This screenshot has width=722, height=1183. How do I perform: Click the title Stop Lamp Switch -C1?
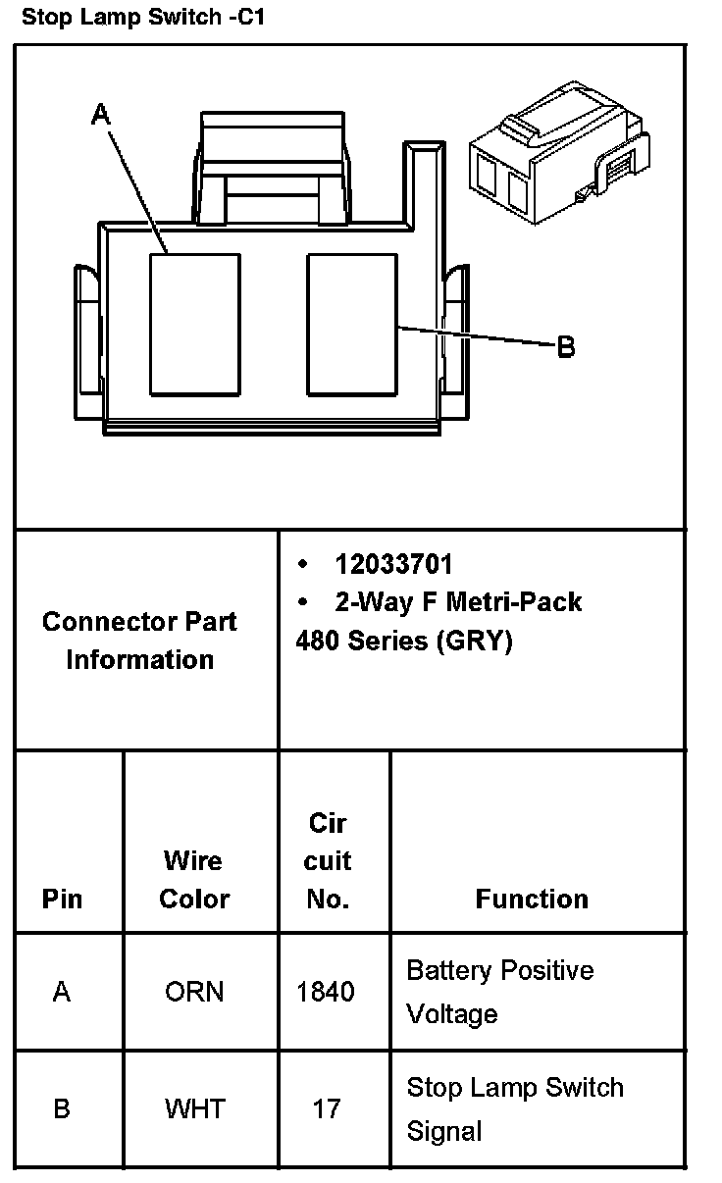tap(143, 17)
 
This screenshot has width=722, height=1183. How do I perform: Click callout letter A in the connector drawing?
tap(101, 115)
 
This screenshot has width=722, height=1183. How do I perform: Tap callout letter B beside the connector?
tap(566, 346)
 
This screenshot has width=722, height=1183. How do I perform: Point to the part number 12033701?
tap(393, 564)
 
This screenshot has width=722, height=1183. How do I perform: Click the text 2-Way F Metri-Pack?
tap(457, 601)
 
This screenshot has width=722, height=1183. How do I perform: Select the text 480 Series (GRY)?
tap(404, 641)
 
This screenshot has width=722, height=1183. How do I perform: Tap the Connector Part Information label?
tap(139, 640)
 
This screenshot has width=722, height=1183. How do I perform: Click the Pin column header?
tap(62, 899)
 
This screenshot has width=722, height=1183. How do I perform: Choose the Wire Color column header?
tap(194, 880)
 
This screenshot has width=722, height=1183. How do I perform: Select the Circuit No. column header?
tap(328, 860)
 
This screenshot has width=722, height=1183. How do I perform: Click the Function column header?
tap(532, 899)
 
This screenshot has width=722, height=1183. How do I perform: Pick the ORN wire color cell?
tap(194, 992)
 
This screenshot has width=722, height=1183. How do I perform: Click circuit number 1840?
tap(326, 992)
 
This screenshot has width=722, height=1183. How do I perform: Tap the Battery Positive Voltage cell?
tap(500, 992)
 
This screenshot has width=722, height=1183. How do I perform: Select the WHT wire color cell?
tap(194, 1108)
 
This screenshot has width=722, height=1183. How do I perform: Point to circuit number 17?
tap(327, 1108)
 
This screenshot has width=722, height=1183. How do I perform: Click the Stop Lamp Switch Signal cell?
tap(515, 1108)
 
